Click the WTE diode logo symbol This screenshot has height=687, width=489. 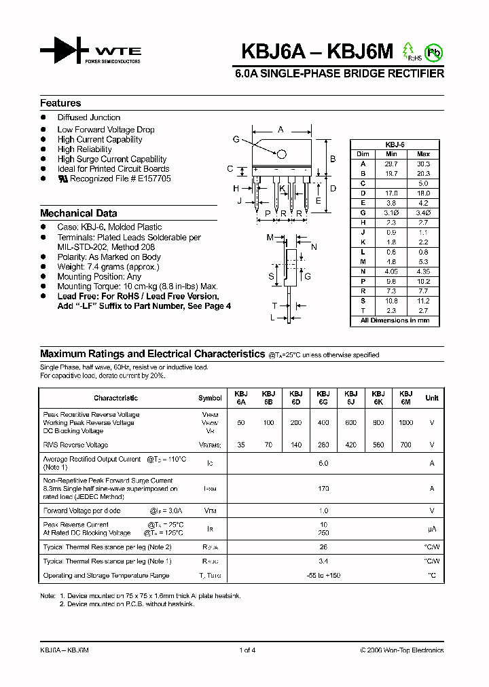pyautogui.click(x=64, y=50)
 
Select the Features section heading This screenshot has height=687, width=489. pyautogui.click(x=60, y=103)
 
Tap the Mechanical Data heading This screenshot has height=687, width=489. pyautogui.click(x=78, y=213)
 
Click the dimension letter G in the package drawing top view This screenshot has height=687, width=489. pyautogui.click(x=236, y=139)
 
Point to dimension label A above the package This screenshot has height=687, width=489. pyautogui.click(x=280, y=129)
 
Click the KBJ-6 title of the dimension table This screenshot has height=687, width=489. pyautogui.click(x=395, y=145)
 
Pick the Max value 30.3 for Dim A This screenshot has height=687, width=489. pyautogui.click(x=423, y=164)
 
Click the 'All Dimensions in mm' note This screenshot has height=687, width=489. pyautogui.click(x=395, y=320)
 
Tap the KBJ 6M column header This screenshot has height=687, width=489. pyautogui.click(x=405, y=398)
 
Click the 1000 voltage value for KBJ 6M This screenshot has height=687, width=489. pyautogui.click(x=405, y=422)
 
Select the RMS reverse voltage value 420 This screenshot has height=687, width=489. pyautogui.click(x=350, y=445)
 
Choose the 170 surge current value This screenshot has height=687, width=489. pyautogui.click(x=323, y=488)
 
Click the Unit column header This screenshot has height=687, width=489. pyautogui.click(x=431, y=398)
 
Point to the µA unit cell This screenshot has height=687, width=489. pyautogui.click(x=431, y=529)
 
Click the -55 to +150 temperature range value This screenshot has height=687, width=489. pyautogui.click(x=323, y=576)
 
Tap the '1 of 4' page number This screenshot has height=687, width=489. pyautogui.click(x=247, y=650)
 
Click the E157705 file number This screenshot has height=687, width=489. pyautogui.click(x=156, y=179)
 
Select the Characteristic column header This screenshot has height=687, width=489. pyautogui.click(x=115, y=398)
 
